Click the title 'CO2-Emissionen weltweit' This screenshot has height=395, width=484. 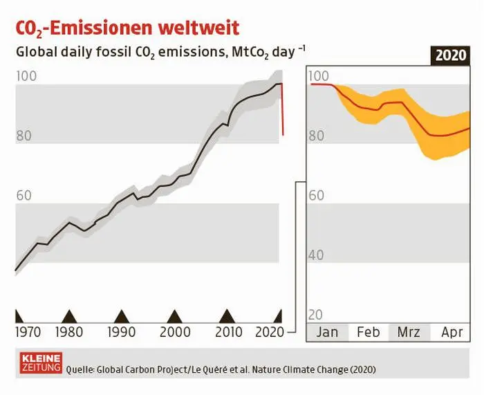127,28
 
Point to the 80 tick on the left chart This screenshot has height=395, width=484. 24,136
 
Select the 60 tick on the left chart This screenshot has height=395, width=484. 24,196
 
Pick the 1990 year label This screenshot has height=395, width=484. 122,332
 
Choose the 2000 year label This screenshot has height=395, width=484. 176,332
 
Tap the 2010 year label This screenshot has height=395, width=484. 229,332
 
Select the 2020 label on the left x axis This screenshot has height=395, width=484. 270,332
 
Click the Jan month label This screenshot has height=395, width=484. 327,333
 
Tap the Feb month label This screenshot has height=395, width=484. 368,333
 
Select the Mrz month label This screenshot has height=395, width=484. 409,333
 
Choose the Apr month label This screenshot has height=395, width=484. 452,333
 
